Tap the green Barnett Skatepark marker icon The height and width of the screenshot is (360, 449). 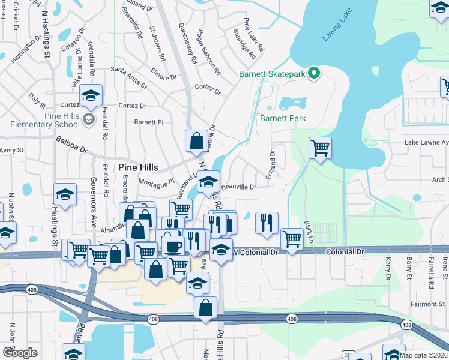click(313, 74)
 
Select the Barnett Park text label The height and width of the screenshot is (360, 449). click(283, 118)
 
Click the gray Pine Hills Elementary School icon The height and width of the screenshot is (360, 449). click(89, 119)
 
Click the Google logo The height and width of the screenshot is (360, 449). click(19, 352)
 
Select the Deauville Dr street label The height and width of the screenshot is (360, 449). click(239, 187)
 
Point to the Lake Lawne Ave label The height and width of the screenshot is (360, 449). click(426, 142)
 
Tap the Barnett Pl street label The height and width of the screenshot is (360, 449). click(149, 121)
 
